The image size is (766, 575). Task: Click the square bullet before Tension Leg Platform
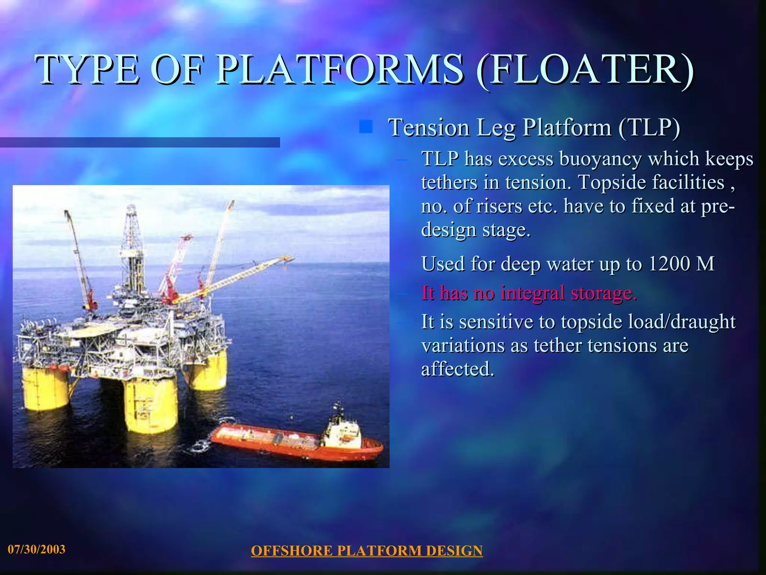[x=365, y=127]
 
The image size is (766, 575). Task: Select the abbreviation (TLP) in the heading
[x=649, y=127]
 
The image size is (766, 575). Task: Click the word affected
[x=457, y=369]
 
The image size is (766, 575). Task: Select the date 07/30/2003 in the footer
[x=37, y=549]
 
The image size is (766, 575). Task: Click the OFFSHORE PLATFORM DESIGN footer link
[x=367, y=551]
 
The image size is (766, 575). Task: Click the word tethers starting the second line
[x=449, y=183]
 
